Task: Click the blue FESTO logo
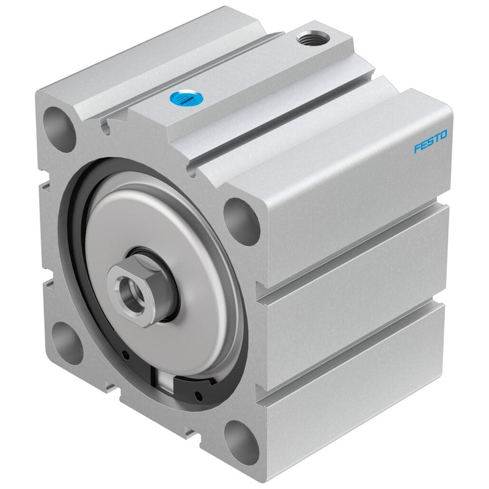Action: click(x=430, y=142)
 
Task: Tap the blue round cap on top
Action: click(x=187, y=98)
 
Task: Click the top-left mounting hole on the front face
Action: click(x=59, y=130)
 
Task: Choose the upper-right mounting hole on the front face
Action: click(x=241, y=221)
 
